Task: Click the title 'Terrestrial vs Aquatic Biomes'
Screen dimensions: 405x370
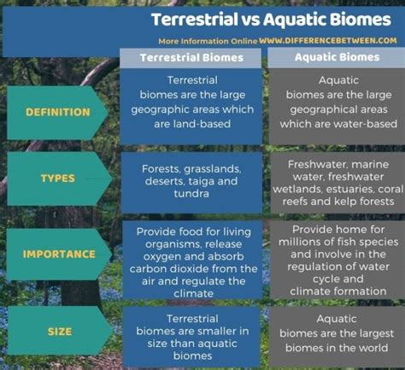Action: click(x=271, y=20)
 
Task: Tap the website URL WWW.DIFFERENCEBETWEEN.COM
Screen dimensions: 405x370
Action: click(x=328, y=40)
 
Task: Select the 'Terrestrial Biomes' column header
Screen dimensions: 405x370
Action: click(x=191, y=58)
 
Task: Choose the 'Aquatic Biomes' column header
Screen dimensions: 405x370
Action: click(x=337, y=57)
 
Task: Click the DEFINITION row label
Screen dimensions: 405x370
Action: click(x=58, y=112)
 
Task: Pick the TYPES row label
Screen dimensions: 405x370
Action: click(x=58, y=179)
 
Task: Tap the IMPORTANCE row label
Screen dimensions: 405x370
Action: click(x=59, y=254)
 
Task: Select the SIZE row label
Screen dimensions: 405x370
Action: click(x=60, y=332)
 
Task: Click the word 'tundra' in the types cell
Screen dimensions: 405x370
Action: click(x=191, y=194)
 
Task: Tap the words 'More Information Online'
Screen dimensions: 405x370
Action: click(x=208, y=41)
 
